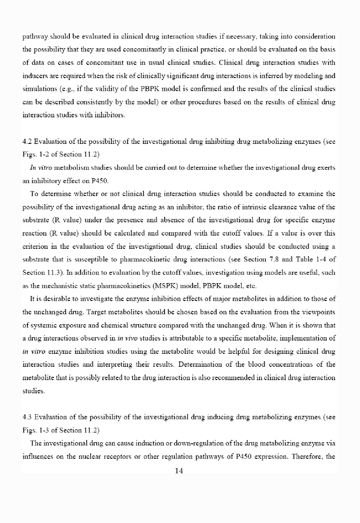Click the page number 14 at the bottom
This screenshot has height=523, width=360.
179,479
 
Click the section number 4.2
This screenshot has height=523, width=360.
27,142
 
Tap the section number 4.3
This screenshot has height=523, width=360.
27,417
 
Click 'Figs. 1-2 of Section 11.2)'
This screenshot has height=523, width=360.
61,154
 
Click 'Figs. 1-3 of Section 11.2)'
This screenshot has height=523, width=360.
61,430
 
